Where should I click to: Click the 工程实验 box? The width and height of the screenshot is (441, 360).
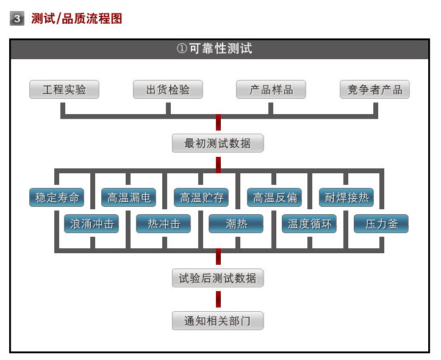tap(64, 90)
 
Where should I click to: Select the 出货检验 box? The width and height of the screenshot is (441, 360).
tap(168, 90)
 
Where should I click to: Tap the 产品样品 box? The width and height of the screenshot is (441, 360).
tap(271, 90)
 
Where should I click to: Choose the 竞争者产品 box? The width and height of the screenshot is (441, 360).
tap(375, 90)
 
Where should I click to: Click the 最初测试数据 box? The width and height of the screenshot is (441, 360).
tap(218, 143)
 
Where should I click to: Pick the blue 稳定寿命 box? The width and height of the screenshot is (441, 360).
tap(57, 198)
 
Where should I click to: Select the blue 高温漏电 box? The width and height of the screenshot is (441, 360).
tap(129, 198)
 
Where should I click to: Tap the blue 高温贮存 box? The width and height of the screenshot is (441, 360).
tap(201, 198)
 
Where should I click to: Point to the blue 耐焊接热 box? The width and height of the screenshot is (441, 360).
tap(346, 198)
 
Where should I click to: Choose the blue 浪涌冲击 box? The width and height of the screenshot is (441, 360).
tap(91, 224)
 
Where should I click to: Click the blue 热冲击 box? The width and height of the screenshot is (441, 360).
tap(164, 224)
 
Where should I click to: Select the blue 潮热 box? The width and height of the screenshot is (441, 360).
tap(236, 224)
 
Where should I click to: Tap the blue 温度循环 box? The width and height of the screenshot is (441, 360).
tap(309, 224)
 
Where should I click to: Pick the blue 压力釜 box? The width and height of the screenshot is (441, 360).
tap(381, 224)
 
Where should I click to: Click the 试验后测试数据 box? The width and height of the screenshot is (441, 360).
tap(218, 278)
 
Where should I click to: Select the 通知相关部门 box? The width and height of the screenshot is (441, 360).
tap(218, 320)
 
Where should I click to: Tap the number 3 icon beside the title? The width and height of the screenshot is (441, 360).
tap(17, 19)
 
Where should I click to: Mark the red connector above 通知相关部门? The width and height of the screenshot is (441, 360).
tap(218, 299)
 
